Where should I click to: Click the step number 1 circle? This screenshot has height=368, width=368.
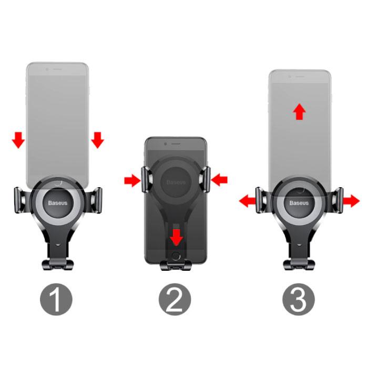click(x=56, y=299)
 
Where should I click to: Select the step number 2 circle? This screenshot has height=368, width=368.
click(x=175, y=299)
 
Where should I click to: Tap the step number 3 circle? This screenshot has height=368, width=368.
click(x=299, y=299)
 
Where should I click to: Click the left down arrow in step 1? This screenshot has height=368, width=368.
click(x=18, y=140)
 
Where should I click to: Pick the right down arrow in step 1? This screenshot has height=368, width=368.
click(x=98, y=140)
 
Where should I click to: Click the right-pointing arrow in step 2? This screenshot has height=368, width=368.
click(x=132, y=180)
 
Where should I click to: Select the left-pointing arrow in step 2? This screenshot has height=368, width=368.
click(x=219, y=180)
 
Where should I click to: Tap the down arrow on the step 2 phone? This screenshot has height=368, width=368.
click(x=177, y=238)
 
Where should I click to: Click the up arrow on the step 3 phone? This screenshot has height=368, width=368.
click(x=300, y=111)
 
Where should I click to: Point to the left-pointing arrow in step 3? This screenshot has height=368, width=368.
click(x=247, y=201)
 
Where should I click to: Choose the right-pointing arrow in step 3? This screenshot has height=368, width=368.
click(x=351, y=201)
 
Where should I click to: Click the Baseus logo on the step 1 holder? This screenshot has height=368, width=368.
click(x=58, y=203)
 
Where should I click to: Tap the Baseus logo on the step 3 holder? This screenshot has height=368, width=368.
click(x=299, y=203)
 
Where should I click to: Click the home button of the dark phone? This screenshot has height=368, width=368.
click(x=176, y=256)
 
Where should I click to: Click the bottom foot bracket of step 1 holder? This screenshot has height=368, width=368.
click(x=58, y=264)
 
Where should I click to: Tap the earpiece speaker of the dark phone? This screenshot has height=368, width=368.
click(x=176, y=144)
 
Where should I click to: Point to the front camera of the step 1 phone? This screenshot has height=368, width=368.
click(x=47, y=69)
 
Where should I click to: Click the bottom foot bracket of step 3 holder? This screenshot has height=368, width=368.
click(x=299, y=264)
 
